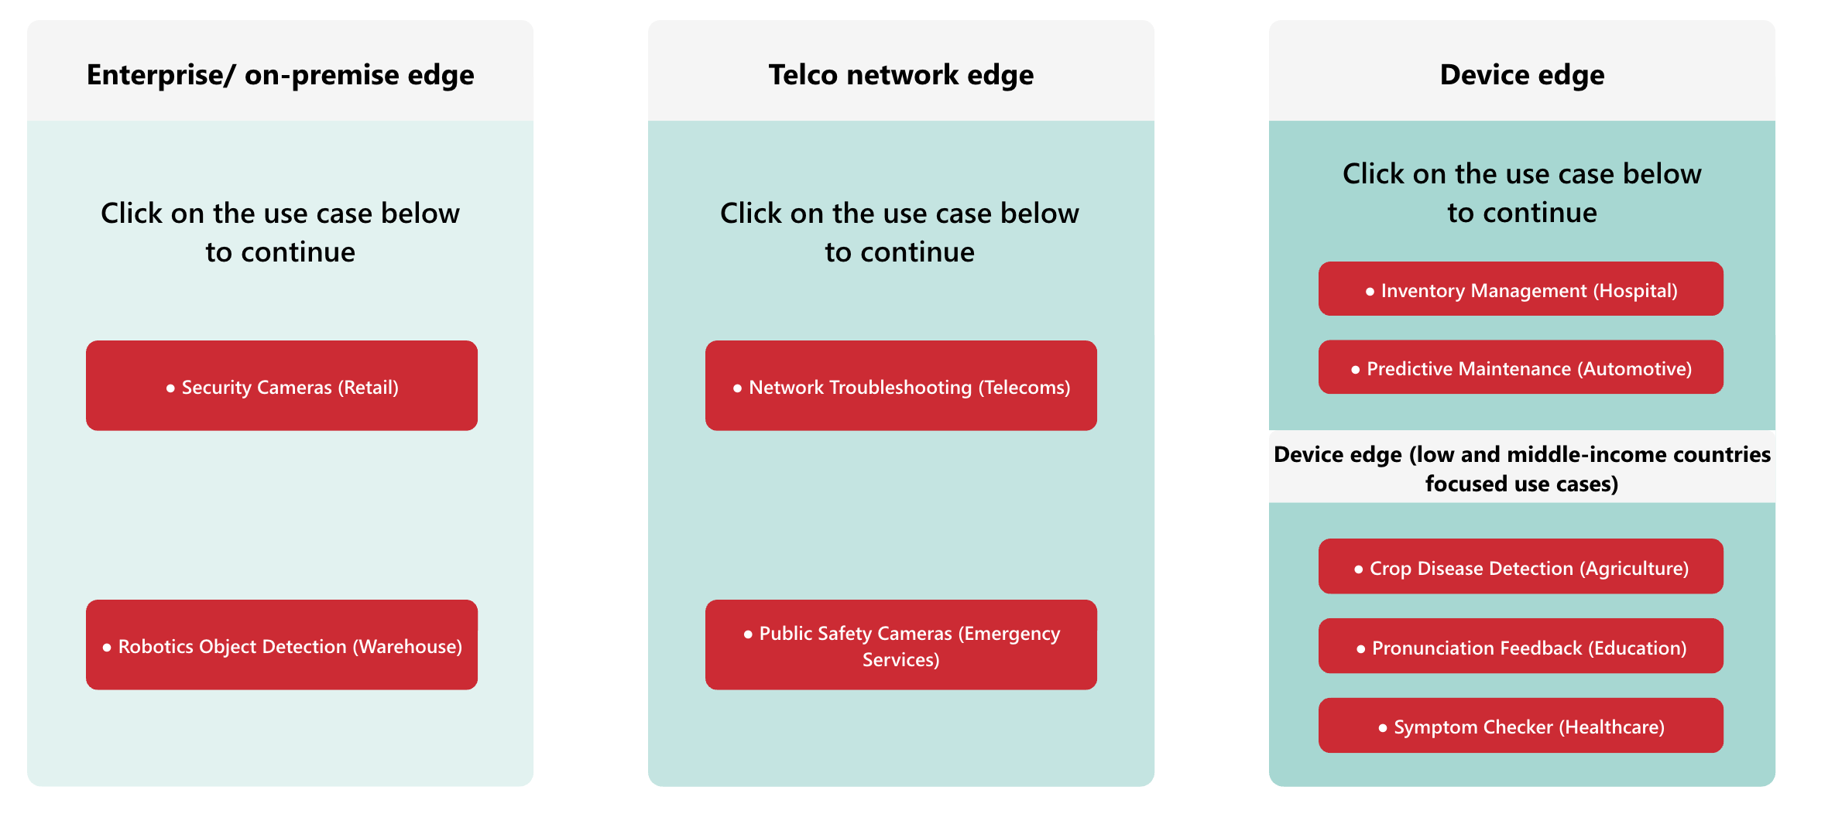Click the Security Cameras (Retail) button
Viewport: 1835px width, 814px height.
[282, 385]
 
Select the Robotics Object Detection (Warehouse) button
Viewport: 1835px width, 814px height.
[282, 645]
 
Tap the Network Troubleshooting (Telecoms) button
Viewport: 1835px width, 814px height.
[901, 385]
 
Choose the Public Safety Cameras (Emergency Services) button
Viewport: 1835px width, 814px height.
[901, 645]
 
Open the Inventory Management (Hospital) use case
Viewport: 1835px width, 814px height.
[1521, 289]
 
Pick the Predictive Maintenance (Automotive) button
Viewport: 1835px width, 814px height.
[1521, 367]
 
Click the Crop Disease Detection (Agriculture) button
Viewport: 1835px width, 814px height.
[1521, 566]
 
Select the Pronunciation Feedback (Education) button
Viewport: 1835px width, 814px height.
[1521, 646]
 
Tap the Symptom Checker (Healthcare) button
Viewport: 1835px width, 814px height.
[1521, 725]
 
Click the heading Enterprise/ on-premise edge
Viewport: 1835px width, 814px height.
[280, 75]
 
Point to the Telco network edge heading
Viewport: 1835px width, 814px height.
[901, 75]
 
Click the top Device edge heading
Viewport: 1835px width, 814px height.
[1522, 75]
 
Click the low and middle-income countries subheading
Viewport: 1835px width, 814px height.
[1522, 469]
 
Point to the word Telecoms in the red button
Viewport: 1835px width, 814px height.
[1024, 388]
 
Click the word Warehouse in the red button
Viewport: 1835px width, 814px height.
[407, 647]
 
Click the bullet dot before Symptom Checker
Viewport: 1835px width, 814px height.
[1383, 728]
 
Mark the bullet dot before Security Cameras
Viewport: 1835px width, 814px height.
[170, 388]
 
